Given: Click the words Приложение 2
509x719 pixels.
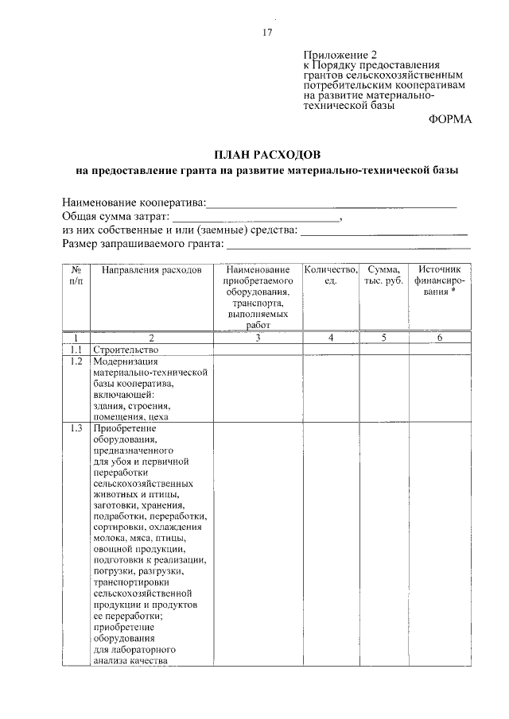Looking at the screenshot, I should [337, 55].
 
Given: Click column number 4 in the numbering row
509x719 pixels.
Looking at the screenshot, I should [330, 338].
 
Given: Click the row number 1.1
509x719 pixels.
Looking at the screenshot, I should [76, 350].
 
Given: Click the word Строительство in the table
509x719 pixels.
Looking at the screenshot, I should [126, 350].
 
